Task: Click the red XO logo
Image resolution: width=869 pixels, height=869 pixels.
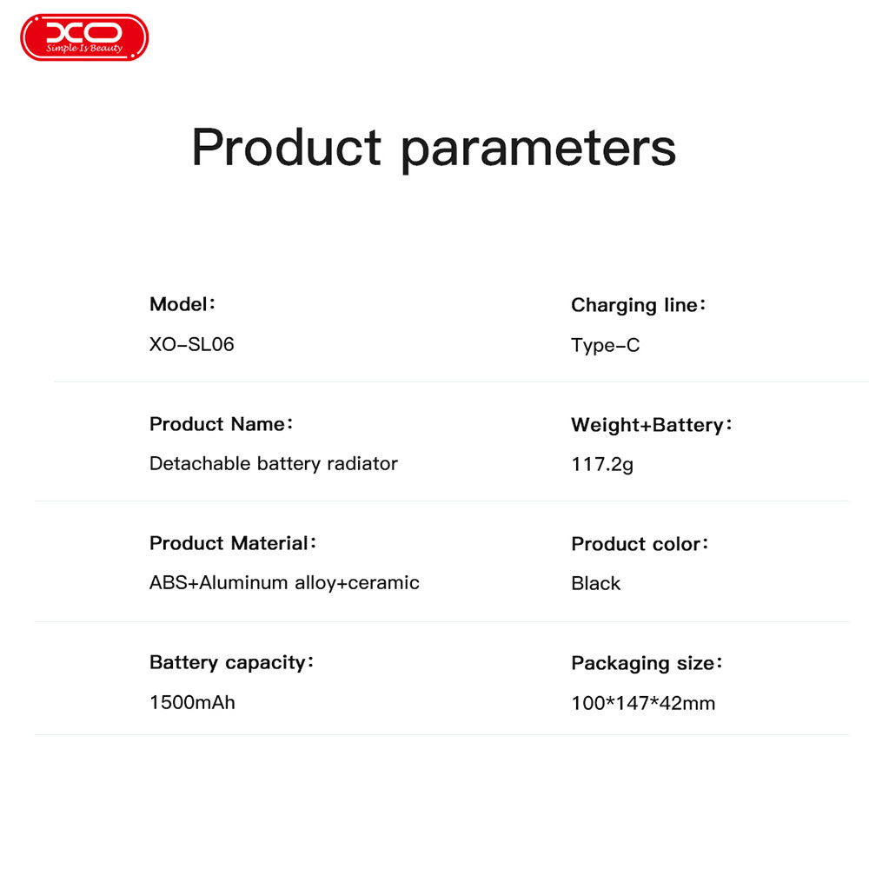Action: click(84, 37)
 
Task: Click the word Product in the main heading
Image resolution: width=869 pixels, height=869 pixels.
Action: click(287, 147)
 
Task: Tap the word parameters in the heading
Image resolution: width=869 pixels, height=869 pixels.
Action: click(538, 150)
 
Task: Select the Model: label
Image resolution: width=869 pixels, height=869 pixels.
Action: click(182, 303)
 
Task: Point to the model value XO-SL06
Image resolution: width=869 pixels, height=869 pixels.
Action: click(192, 344)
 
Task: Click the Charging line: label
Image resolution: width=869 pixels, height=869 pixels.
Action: click(639, 305)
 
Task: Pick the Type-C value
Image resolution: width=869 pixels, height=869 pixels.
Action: click(605, 345)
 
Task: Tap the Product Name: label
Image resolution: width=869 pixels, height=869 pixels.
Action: click(221, 424)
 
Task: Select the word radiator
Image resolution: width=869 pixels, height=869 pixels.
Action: click(362, 463)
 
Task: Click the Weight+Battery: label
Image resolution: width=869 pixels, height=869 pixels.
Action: click(652, 425)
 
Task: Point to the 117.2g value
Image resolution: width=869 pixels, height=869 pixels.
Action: click(602, 464)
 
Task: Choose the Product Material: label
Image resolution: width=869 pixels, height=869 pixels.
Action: click(233, 543)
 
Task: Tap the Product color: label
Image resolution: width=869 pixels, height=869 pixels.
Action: click(640, 544)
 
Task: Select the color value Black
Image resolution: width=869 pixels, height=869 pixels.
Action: click(596, 583)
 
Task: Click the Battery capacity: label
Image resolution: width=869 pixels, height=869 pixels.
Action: click(232, 663)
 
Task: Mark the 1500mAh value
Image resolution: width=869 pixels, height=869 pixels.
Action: click(192, 702)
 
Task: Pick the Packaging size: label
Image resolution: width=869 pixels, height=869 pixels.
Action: click(647, 663)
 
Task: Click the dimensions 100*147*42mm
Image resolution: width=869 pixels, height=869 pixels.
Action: click(643, 703)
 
